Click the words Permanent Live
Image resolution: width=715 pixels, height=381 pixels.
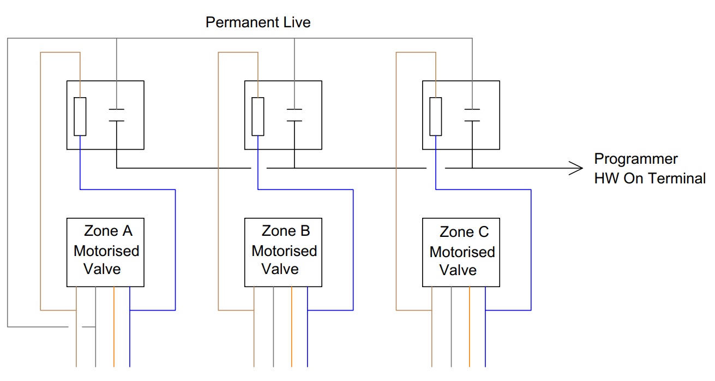tap(258, 23)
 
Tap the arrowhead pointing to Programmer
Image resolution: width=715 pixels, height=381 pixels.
tap(576, 168)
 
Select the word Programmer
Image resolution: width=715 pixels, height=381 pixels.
tap(635, 159)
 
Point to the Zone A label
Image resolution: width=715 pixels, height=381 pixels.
tap(108, 231)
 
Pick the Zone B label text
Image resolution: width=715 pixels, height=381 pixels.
tap(286, 231)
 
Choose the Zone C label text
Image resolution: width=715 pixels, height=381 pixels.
tap(464, 233)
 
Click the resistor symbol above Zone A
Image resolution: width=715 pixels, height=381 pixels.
tap(80, 116)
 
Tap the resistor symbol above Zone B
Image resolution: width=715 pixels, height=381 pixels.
tap(258, 116)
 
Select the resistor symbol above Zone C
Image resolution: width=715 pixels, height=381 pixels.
tap(436, 116)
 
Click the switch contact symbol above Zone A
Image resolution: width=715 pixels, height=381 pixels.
tap(116, 115)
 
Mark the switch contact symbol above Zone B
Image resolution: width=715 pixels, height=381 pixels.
tap(295, 115)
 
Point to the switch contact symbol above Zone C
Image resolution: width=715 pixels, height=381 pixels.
tap(472, 115)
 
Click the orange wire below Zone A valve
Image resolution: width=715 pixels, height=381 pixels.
tap(114, 328)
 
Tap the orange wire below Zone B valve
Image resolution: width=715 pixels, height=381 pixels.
tap(292, 328)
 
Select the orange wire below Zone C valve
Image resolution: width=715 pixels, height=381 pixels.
tap(470, 328)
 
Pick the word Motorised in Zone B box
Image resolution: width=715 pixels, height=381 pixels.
tap(284, 251)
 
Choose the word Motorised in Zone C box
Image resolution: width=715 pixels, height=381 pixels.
tap(462, 252)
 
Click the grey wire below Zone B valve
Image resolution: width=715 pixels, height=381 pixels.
tap(273, 328)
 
